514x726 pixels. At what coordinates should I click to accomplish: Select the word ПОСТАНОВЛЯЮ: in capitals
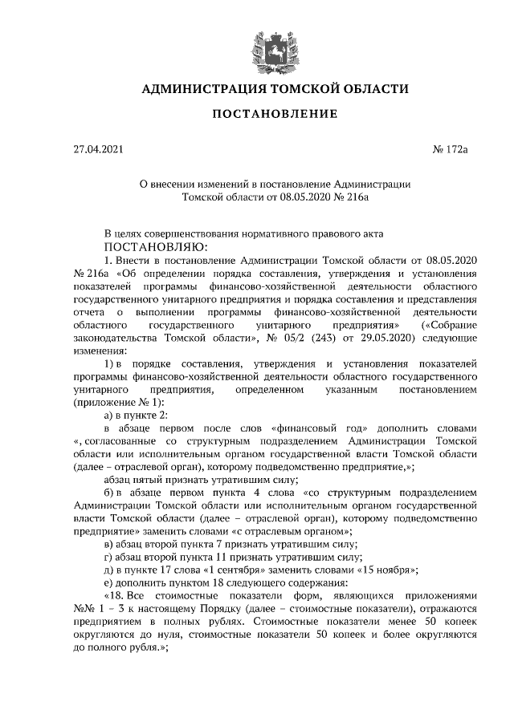click(155, 245)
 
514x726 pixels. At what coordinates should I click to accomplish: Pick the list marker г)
click(109, 556)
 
